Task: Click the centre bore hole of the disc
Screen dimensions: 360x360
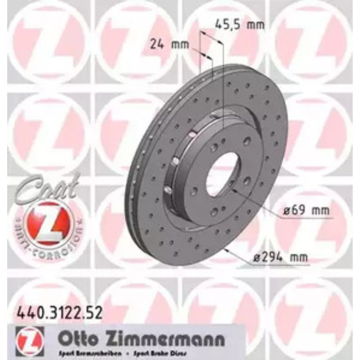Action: pos(223,174)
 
